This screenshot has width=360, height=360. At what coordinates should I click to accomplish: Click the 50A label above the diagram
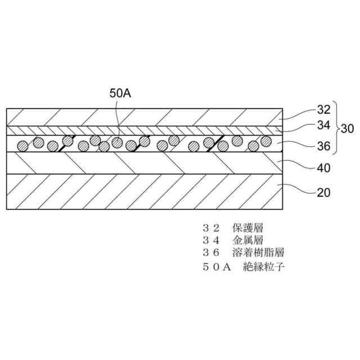[x=120, y=93]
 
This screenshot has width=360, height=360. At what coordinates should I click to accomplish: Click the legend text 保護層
[x=247, y=228]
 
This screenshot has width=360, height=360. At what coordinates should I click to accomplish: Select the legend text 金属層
[x=247, y=241]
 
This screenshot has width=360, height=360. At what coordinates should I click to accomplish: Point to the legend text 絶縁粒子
[x=264, y=267]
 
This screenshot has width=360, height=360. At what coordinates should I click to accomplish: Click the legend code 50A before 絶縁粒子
[x=217, y=267]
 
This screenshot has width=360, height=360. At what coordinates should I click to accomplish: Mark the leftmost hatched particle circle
[x=23, y=146]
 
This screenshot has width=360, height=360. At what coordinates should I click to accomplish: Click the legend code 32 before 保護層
[x=209, y=228]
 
